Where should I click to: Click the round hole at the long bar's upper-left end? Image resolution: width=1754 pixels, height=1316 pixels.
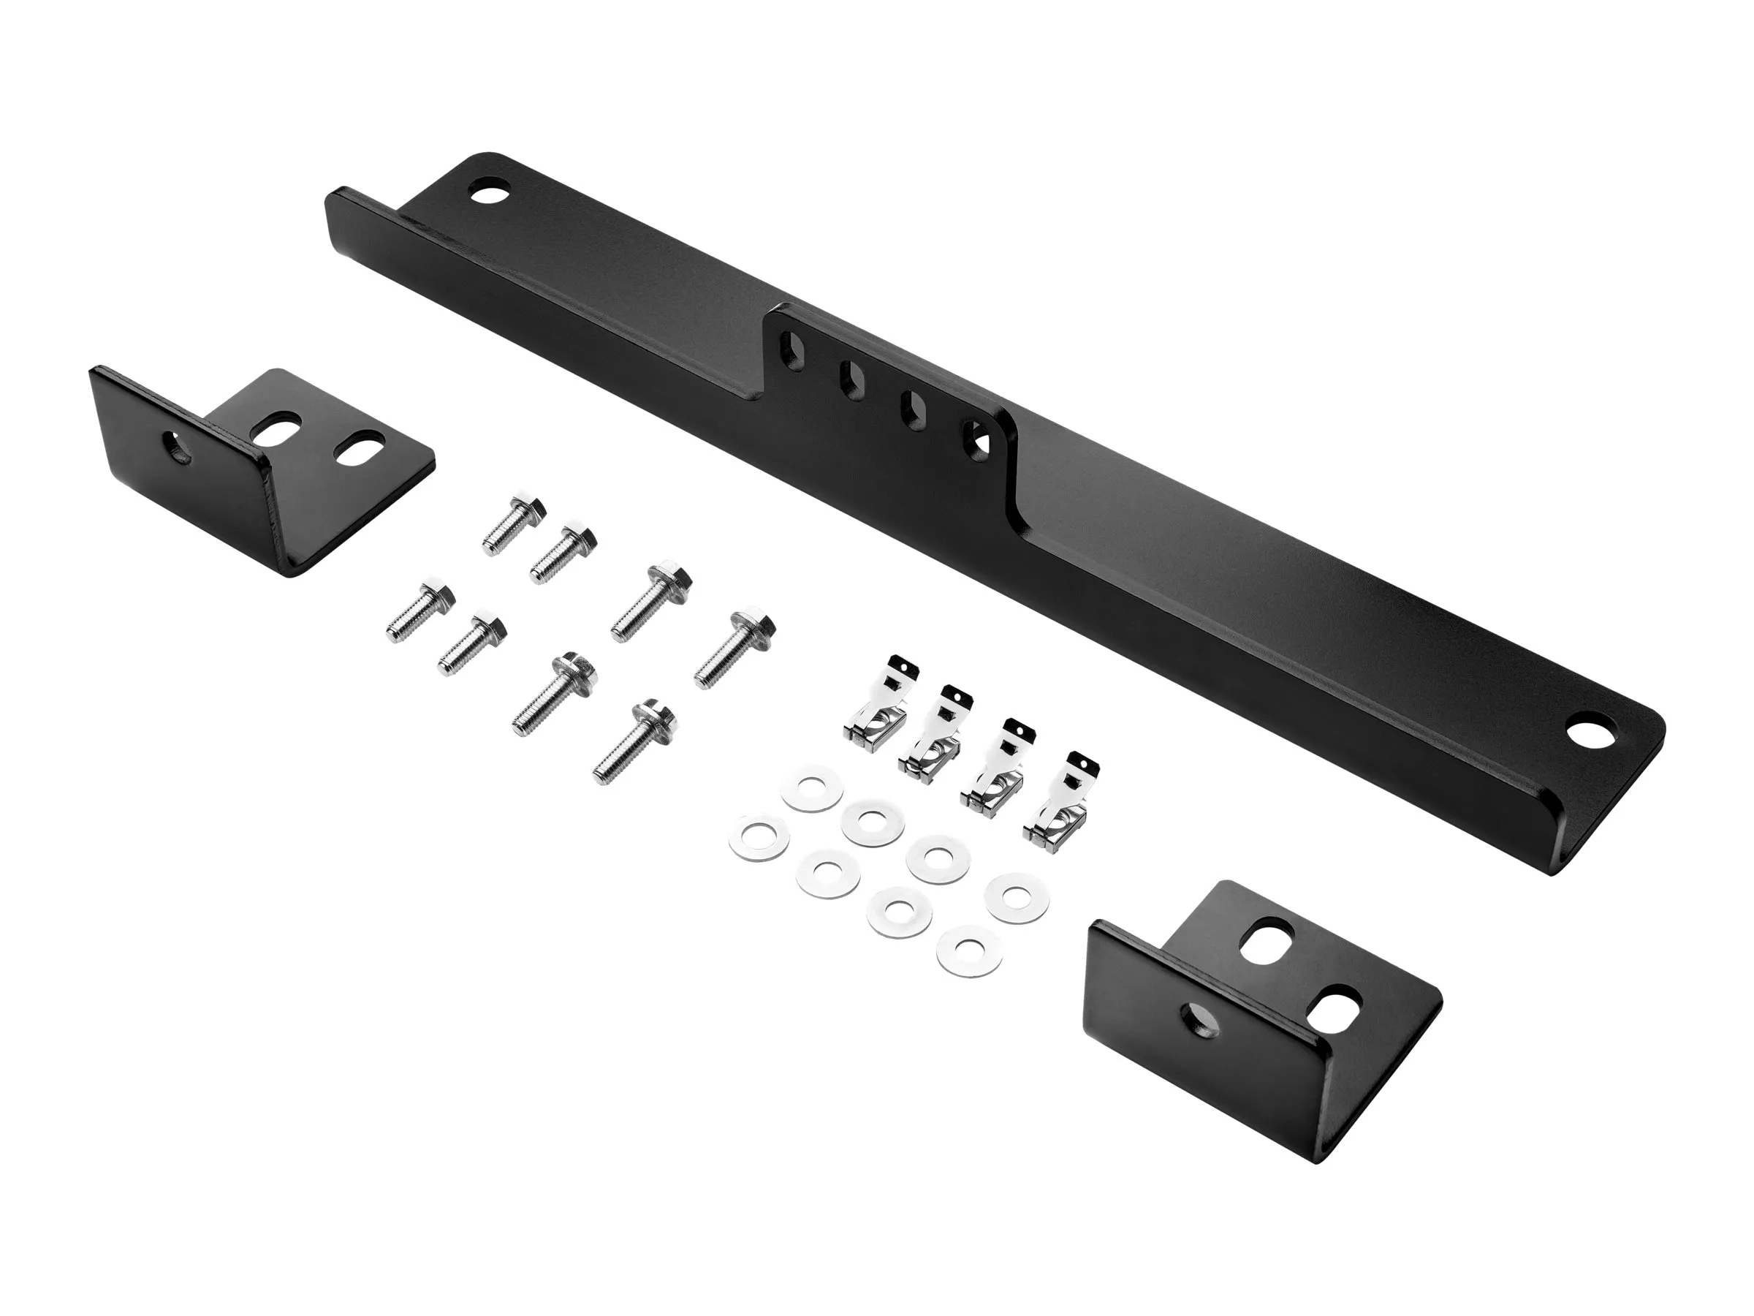point(489,192)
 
